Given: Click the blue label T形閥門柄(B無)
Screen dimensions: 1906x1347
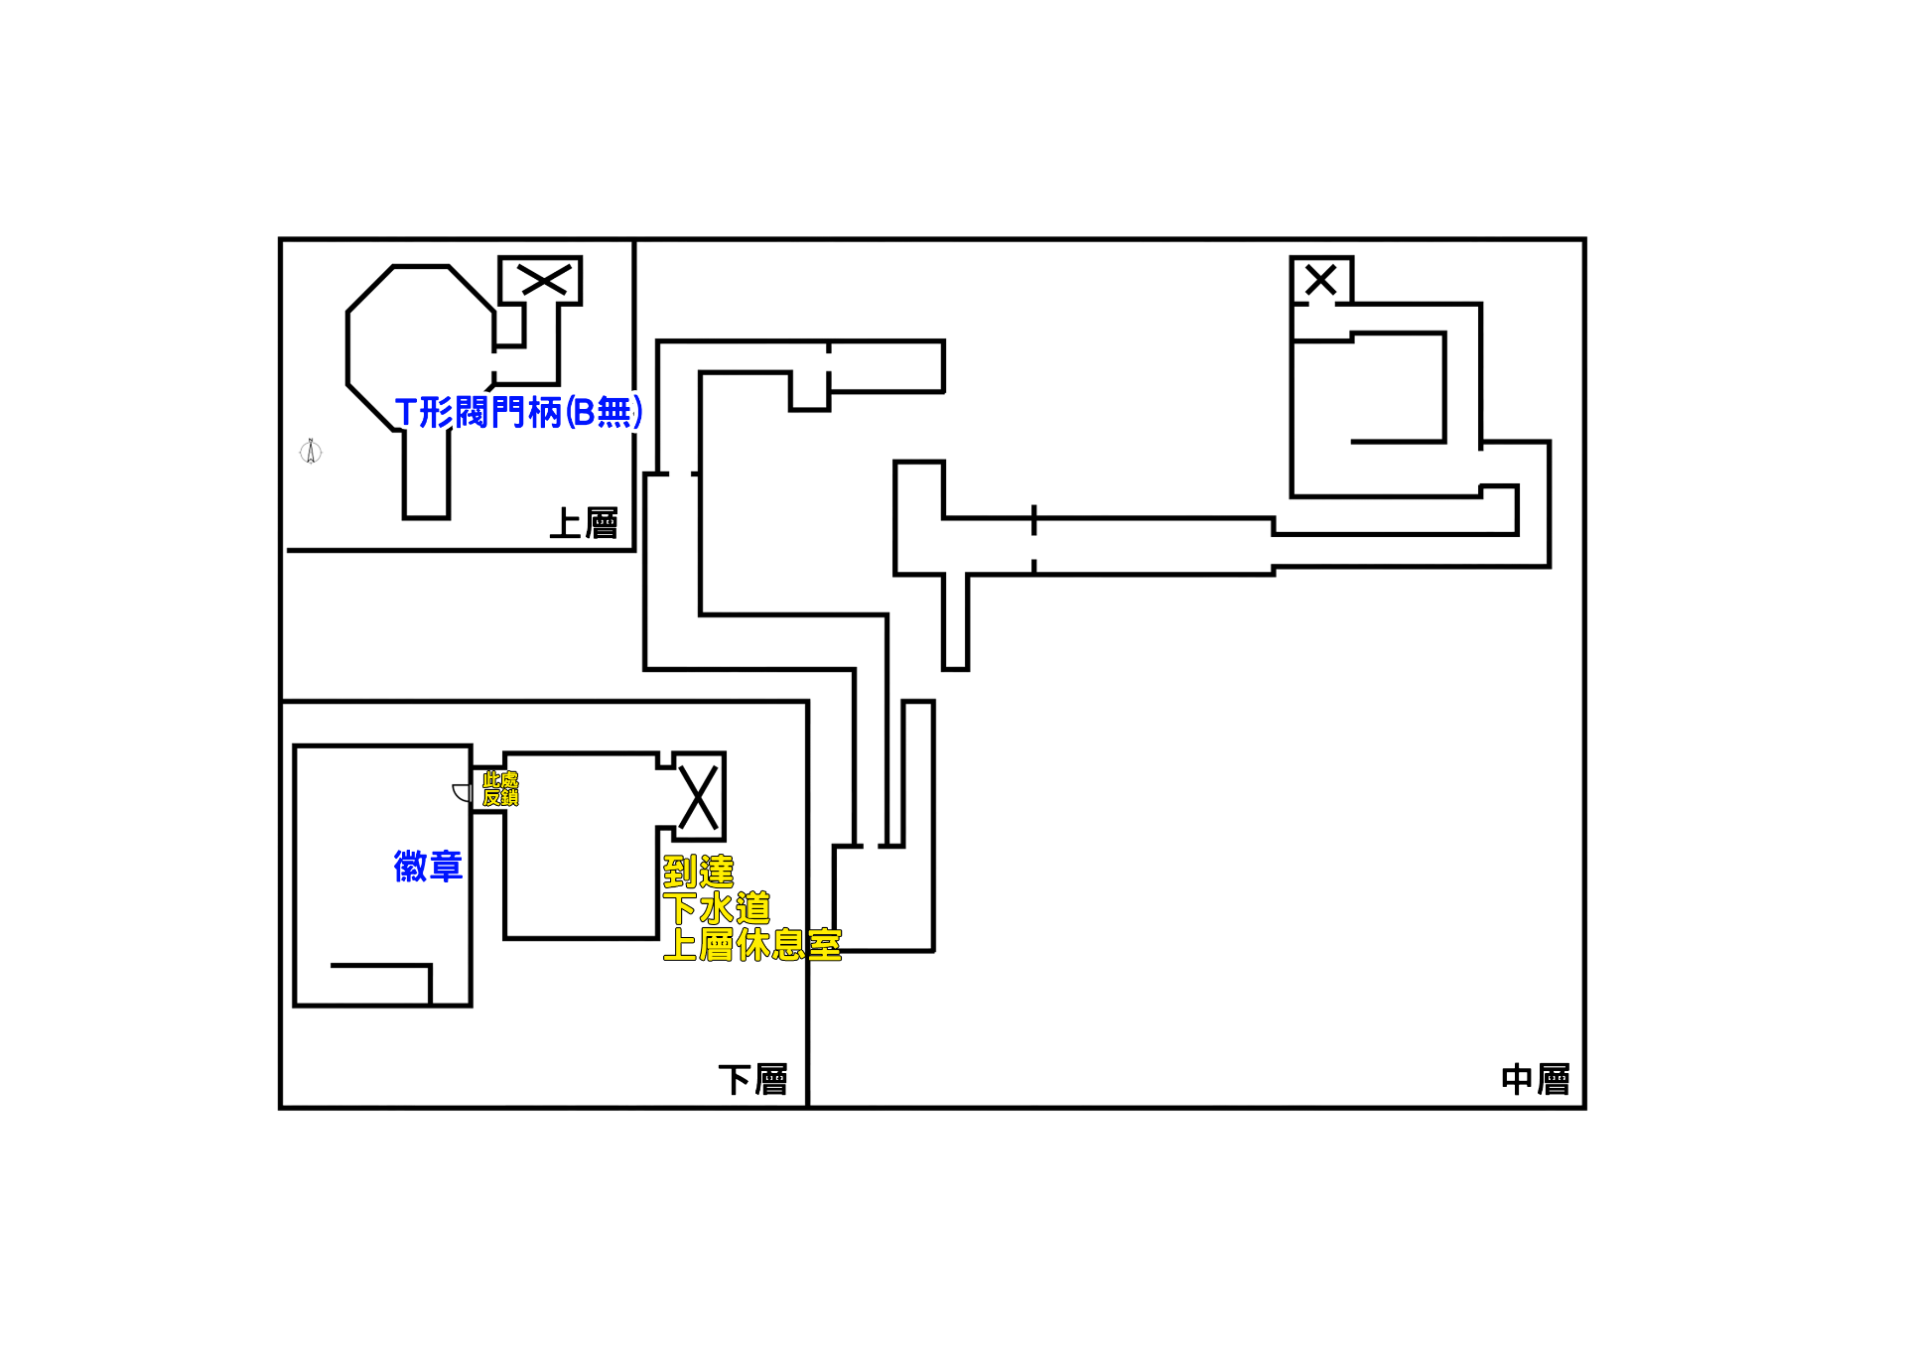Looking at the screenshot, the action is (518, 412).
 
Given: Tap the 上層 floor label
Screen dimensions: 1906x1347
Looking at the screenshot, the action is (584, 523).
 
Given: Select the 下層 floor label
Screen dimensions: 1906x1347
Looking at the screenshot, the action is (753, 1080).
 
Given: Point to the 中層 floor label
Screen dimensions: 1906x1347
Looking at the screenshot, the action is (1536, 1079).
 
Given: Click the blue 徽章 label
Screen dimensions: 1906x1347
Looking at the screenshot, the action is (428, 867).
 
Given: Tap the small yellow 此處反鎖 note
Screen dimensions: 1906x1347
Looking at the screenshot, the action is (500, 789).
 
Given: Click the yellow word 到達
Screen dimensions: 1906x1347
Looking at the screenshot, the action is (699, 872).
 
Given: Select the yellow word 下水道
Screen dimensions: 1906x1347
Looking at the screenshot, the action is (717, 908).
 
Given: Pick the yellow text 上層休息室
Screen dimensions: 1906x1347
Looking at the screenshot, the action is (752, 945).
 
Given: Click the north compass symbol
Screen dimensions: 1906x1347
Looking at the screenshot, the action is (311, 452).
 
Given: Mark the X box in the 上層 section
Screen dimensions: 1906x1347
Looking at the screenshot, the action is (540, 281).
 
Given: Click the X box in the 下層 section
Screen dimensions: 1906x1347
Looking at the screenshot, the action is (700, 797).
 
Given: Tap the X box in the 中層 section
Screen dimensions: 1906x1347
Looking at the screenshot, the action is (1321, 280).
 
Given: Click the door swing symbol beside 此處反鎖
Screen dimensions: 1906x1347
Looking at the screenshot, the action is (462, 792).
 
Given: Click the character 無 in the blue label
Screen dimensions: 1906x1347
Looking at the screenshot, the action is (614, 412).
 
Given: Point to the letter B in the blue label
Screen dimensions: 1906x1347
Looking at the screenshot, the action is (584, 412).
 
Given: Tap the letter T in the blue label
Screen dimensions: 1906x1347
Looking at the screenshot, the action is (405, 412).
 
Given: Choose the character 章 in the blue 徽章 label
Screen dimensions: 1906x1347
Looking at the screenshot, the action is (446, 867).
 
